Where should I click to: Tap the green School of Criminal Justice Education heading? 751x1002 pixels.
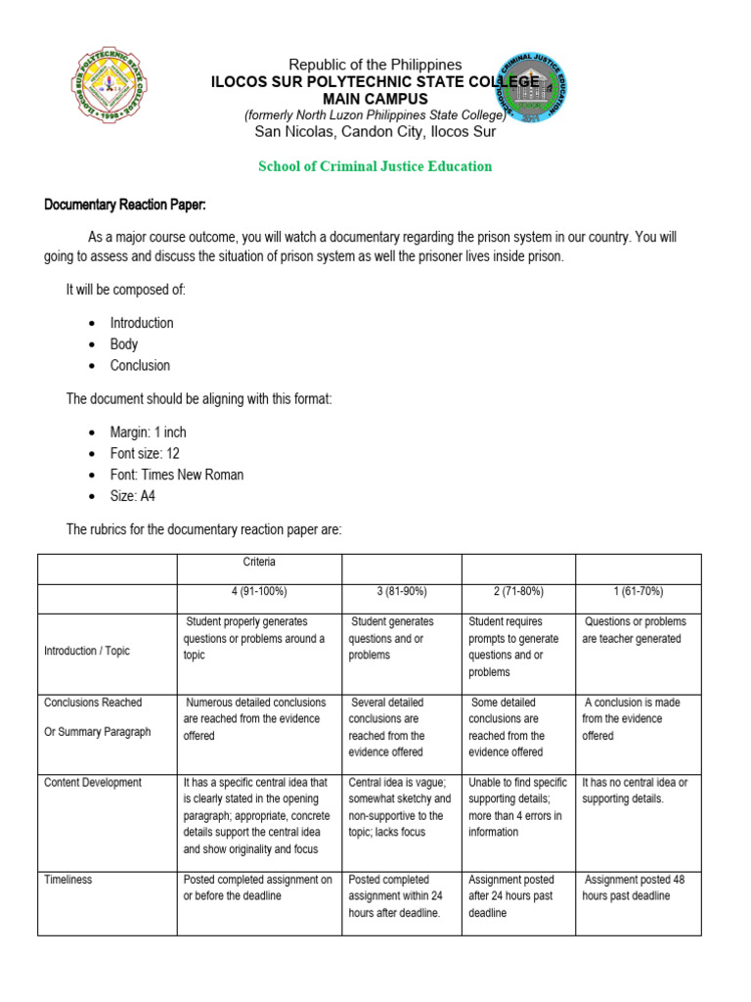click(375, 166)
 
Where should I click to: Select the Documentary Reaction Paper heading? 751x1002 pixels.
click(125, 205)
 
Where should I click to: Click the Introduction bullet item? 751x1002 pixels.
click(142, 323)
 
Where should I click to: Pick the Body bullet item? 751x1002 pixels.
click(124, 344)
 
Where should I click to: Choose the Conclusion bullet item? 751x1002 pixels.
click(140, 366)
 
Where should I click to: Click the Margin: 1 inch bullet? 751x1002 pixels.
click(148, 433)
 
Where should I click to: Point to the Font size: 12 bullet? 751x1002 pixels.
click(145, 454)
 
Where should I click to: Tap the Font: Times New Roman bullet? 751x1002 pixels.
click(177, 476)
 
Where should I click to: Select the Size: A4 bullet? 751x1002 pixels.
click(133, 496)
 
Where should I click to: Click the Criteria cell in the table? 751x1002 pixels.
click(259, 563)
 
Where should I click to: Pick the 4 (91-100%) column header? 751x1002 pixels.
click(259, 592)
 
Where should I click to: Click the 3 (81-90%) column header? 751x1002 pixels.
click(401, 592)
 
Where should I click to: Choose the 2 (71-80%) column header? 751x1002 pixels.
click(518, 592)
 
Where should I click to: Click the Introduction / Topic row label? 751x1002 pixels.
click(87, 651)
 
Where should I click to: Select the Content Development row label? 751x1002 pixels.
click(93, 783)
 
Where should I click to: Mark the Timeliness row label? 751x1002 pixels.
click(68, 880)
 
